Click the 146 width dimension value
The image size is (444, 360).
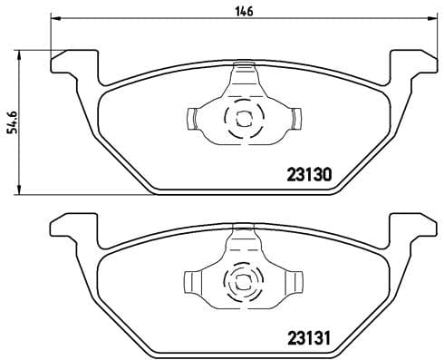[x=246, y=10]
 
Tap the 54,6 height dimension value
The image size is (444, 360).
[x=12, y=117]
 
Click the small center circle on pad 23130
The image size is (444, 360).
[x=242, y=117]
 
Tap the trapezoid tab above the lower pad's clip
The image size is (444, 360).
[x=243, y=238]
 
